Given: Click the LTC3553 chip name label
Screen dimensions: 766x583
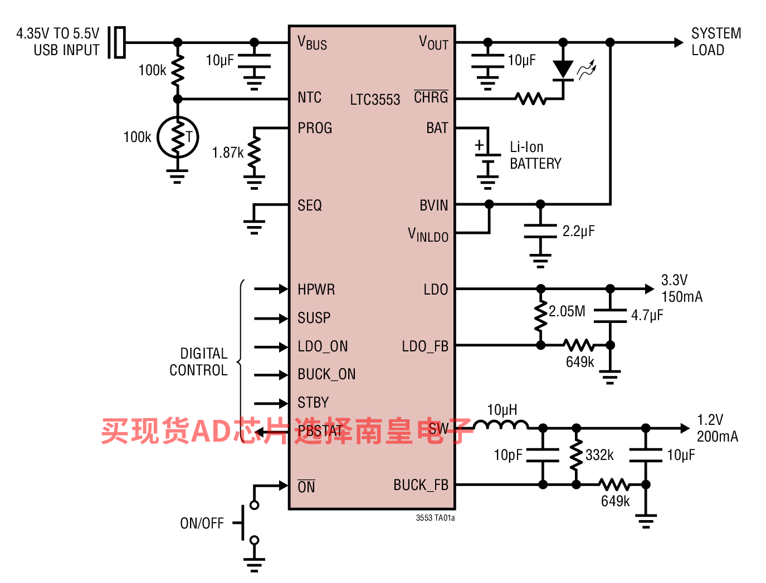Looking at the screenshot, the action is click(x=375, y=99).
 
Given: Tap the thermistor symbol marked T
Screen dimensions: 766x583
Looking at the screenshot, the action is click(x=178, y=137).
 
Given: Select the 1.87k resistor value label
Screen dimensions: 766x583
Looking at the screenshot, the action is click(x=227, y=153).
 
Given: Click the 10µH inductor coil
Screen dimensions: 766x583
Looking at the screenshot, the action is click(x=501, y=424).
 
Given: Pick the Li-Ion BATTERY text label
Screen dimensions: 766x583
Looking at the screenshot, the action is click(x=535, y=155).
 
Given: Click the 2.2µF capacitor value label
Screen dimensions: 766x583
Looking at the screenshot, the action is click(x=578, y=231).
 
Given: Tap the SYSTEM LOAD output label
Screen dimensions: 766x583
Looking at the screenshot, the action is click(x=716, y=42).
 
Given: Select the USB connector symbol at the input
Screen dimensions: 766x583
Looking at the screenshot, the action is click(x=117, y=42).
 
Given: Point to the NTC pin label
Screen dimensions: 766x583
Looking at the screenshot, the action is click(x=309, y=97).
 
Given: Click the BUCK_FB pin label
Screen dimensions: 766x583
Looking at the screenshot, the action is click(x=421, y=485).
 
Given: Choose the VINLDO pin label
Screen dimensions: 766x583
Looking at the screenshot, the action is click(x=428, y=234).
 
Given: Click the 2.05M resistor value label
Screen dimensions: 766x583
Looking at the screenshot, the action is click(x=567, y=311).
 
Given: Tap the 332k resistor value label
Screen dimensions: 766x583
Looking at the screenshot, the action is click(x=599, y=455).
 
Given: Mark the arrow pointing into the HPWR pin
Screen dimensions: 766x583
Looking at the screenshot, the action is click(x=271, y=288).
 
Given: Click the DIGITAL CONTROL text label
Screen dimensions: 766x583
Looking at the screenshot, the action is click(x=198, y=362).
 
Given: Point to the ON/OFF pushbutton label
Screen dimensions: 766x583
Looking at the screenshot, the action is click(x=202, y=523).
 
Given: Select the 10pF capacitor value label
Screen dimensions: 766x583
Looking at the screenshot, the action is click(x=508, y=455).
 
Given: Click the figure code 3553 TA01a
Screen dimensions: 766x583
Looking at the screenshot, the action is click(x=435, y=518).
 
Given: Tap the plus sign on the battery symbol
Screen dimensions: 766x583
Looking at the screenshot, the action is click(x=479, y=145).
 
